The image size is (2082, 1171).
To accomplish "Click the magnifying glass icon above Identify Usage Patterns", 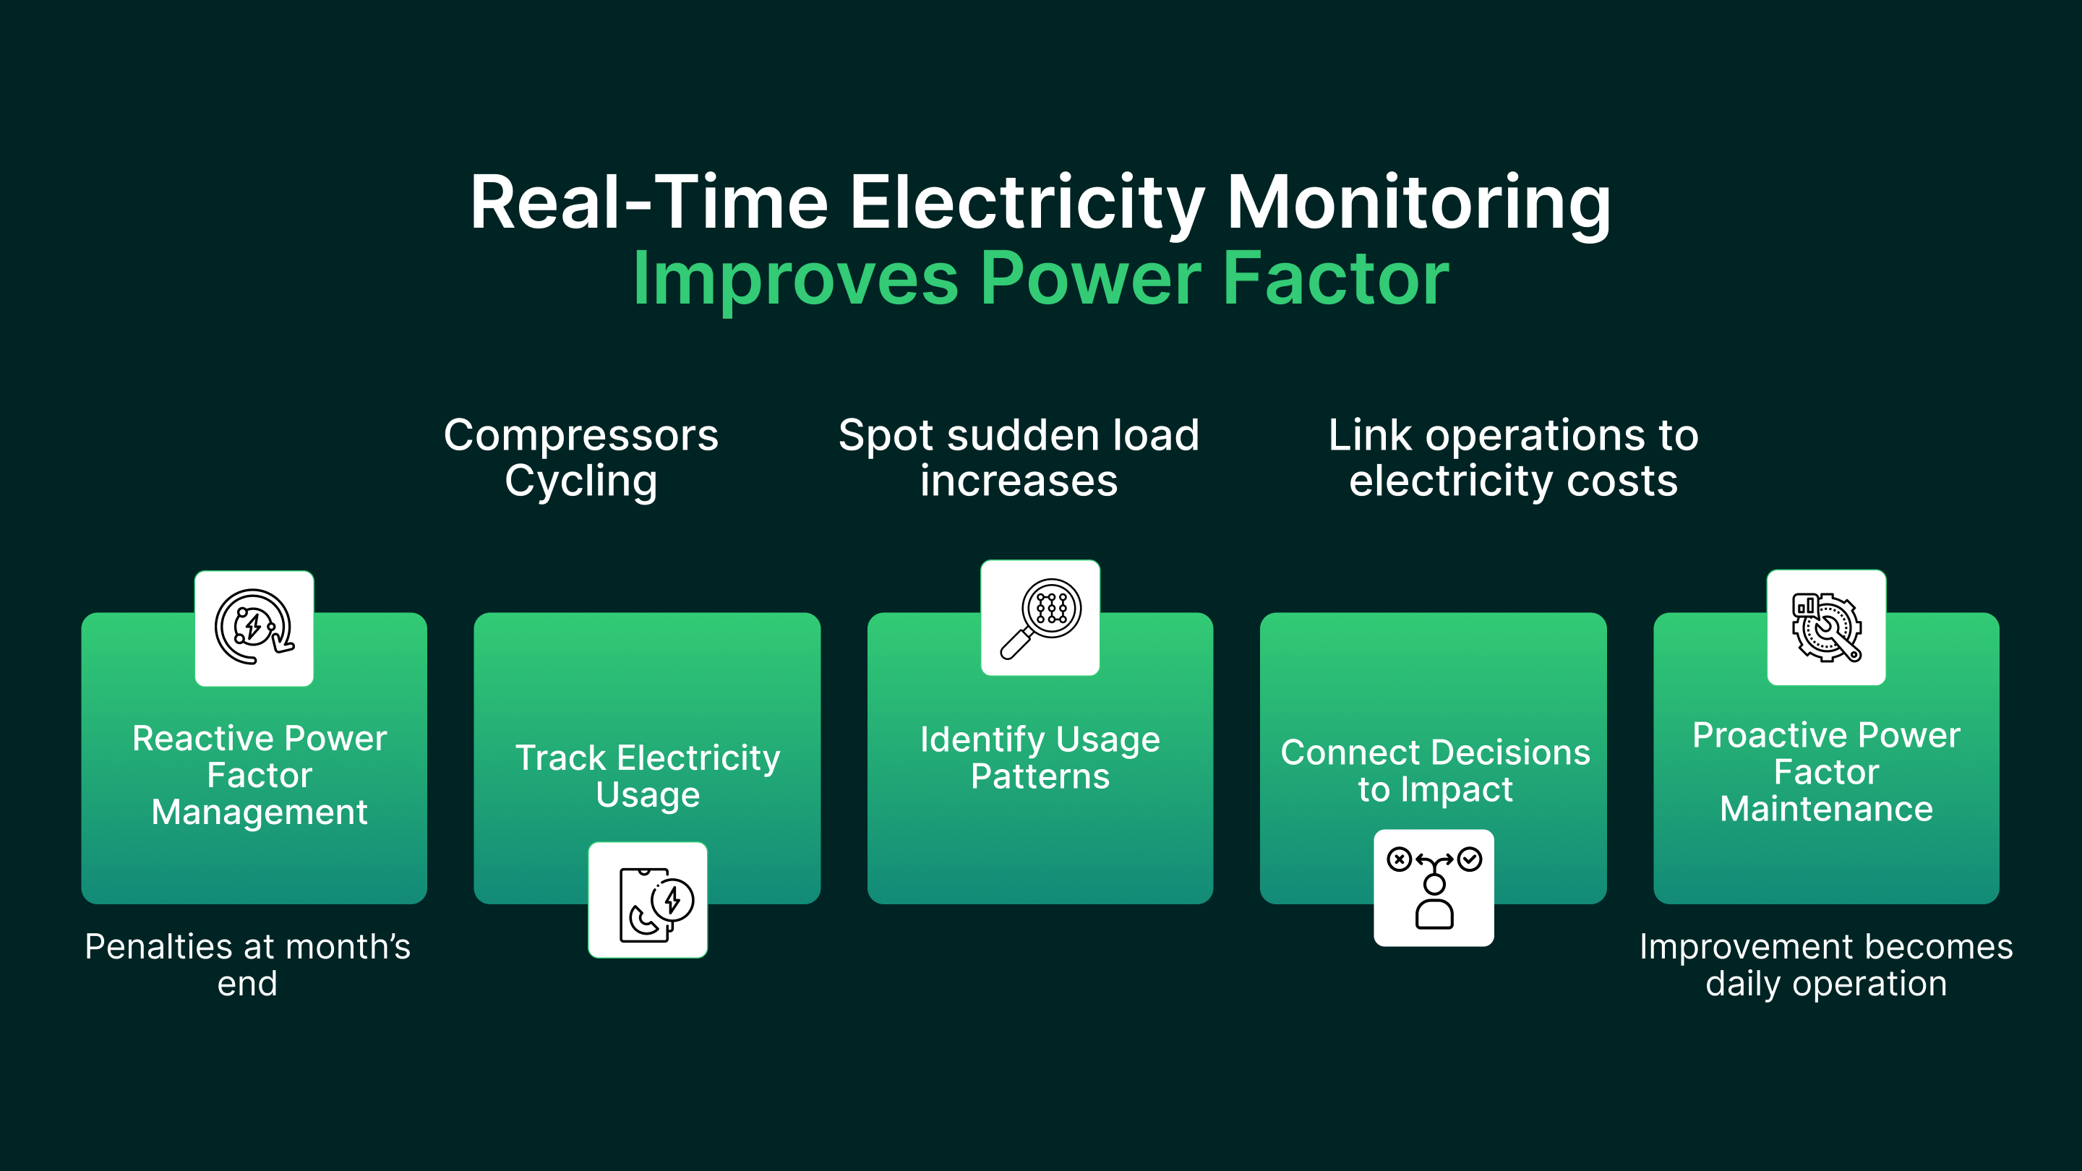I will [x=1040, y=618].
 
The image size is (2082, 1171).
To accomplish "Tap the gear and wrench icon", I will [x=1826, y=628].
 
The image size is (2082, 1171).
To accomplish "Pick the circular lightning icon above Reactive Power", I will [x=254, y=628].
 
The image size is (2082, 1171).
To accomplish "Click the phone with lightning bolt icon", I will [x=648, y=900].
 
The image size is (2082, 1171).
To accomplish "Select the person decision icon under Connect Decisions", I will [x=1434, y=888].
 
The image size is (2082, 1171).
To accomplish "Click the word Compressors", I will [x=581, y=436].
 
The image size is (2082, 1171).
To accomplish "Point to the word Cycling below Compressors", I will [x=581, y=481].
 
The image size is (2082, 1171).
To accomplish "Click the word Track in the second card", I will [x=560, y=758].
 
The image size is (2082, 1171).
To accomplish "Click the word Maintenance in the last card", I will [x=1826, y=809].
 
